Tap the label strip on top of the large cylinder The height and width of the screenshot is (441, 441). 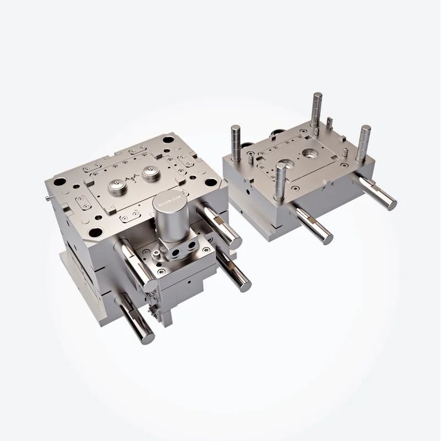(171, 197)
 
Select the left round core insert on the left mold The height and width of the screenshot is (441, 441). (116, 187)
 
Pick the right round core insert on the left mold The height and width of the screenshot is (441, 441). (150, 173)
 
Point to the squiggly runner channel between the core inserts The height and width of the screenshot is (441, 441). (133, 180)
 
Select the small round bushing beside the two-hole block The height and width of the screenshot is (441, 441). (158, 255)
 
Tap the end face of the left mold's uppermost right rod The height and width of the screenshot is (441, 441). (236, 241)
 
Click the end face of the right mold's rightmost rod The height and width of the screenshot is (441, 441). (392, 205)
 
